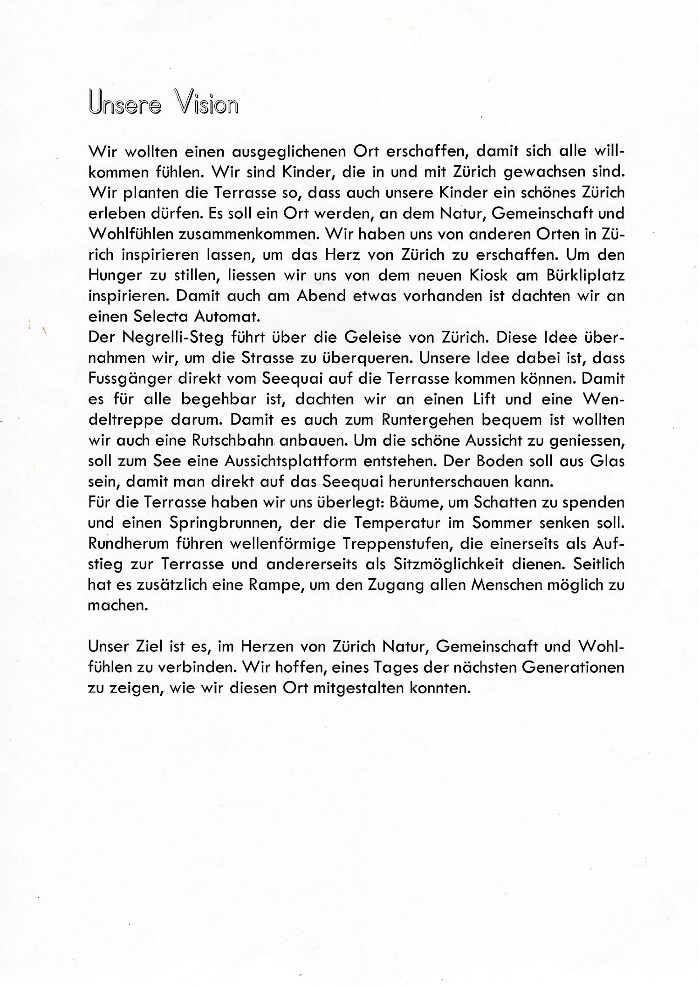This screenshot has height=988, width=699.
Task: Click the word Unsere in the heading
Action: pyautogui.click(x=124, y=103)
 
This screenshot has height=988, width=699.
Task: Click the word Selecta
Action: pyautogui.click(x=161, y=317)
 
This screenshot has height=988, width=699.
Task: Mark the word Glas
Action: pyautogui.click(x=607, y=461)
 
